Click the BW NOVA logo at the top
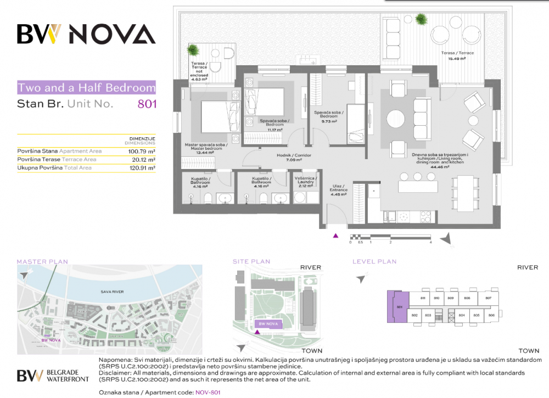coord(86,35)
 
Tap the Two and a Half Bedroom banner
coord(86,87)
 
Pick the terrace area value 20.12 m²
coord(144,159)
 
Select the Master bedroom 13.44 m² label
coord(206,147)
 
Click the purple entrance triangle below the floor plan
coord(336,236)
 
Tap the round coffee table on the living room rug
coord(395,119)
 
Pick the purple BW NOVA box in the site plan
coord(267,325)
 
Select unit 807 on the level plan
coord(488,298)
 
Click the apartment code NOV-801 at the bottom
coord(208,393)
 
